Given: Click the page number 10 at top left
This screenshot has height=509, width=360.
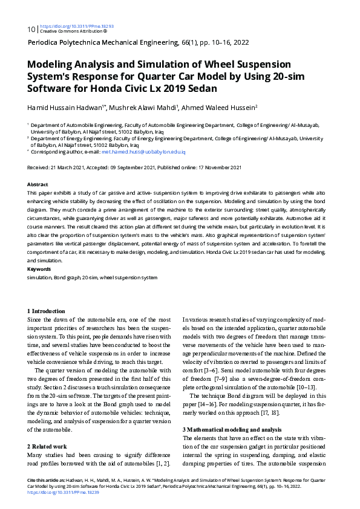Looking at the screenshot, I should [x=31, y=29].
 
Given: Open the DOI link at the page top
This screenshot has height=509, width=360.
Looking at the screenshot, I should [x=76, y=27].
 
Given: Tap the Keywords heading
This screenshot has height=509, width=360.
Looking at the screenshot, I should [x=39, y=268].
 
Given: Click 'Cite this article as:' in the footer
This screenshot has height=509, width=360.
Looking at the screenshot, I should [x=47, y=479].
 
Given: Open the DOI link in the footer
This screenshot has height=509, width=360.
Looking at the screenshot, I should [x=64, y=492].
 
